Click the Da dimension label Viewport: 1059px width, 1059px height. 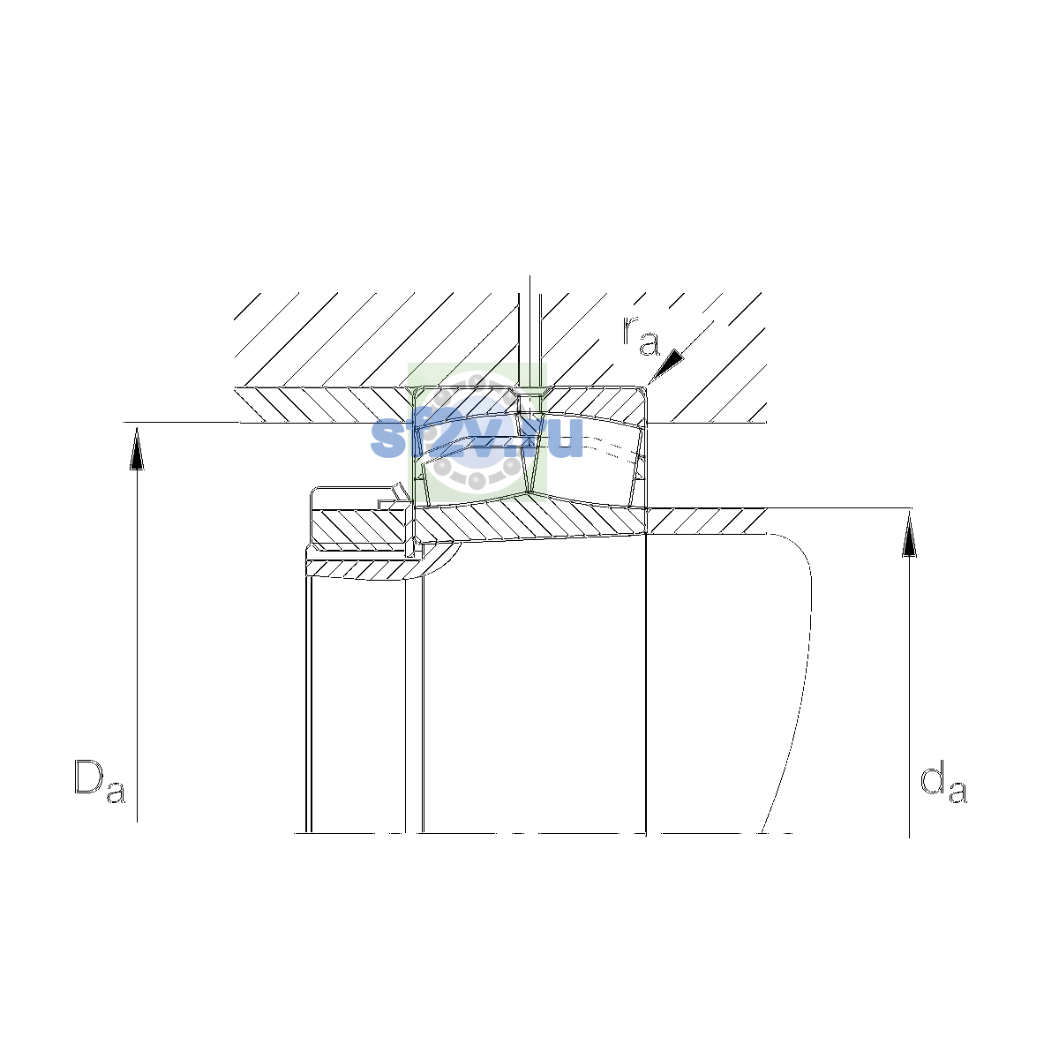tap(100, 782)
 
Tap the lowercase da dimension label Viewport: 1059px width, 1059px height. tap(943, 782)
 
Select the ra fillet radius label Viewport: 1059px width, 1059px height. tap(640, 335)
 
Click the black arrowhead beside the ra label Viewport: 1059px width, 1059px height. tap(667, 365)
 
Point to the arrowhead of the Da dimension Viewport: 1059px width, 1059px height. tap(137, 448)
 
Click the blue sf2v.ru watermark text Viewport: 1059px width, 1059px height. tap(476, 438)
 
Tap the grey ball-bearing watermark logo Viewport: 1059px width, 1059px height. tap(476, 432)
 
